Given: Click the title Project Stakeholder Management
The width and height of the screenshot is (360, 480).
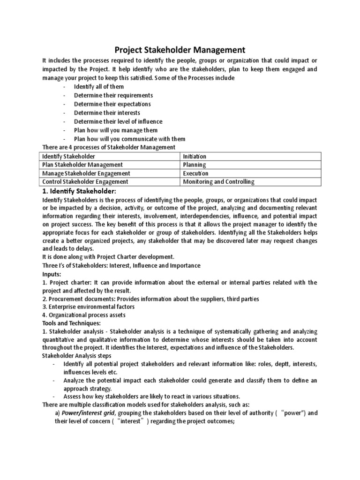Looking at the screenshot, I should pyautogui.click(x=180, y=49).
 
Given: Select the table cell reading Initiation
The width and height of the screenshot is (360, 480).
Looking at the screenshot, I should pyautogui.click(x=195, y=156).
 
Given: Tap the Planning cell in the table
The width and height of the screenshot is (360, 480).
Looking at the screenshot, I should pyautogui.click(x=195, y=165).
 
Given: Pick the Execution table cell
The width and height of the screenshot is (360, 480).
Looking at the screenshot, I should pyautogui.click(x=195, y=173).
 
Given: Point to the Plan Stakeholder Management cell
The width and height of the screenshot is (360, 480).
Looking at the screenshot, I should pyautogui.click(x=82, y=165).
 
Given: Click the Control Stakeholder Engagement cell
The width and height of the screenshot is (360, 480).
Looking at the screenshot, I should pyautogui.click(x=85, y=181).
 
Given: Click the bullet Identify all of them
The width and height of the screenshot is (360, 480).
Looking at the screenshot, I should pyautogui.click(x=99, y=87).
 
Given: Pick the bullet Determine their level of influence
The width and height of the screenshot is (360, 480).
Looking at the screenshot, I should pyautogui.click(x=117, y=121).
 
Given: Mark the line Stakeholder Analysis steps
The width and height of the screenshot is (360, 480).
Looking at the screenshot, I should pyautogui.click(x=78, y=356).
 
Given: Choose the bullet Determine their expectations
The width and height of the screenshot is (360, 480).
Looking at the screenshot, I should pyautogui.click(x=112, y=104).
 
